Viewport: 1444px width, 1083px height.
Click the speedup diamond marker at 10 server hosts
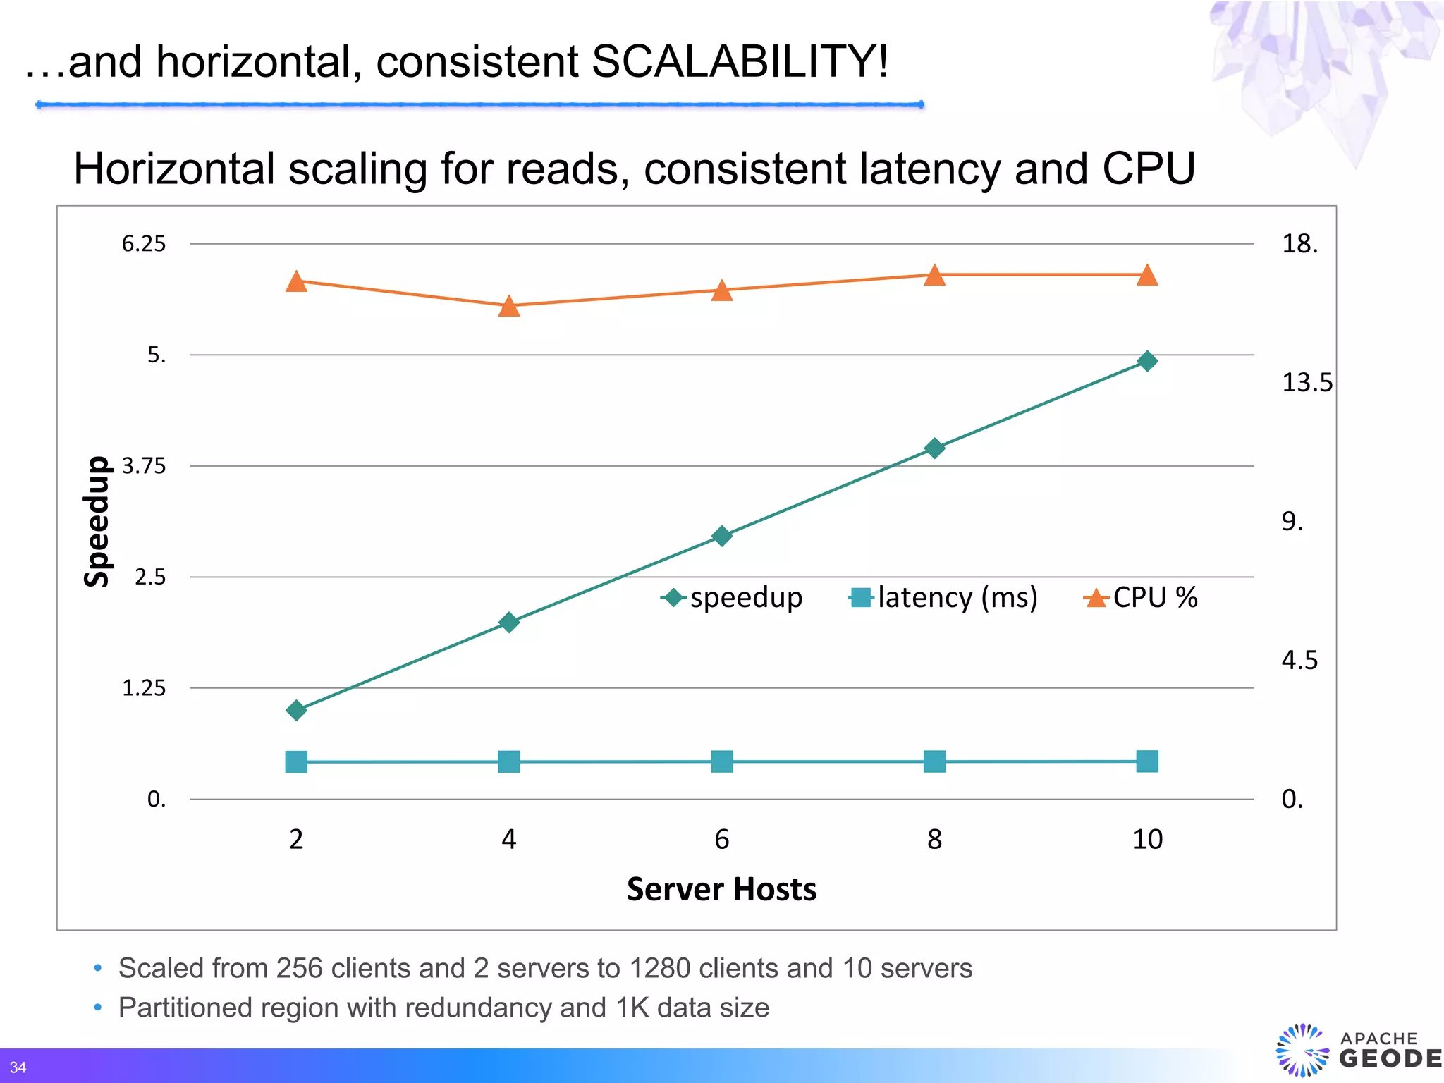click(1147, 361)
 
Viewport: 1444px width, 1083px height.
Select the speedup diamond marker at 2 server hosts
click(297, 710)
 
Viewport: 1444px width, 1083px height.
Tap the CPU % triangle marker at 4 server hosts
click(509, 307)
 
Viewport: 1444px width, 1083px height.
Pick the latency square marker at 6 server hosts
click(722, 761)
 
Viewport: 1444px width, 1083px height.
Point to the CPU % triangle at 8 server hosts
click(934, 276)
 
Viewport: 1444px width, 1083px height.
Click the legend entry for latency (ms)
click(945, 598)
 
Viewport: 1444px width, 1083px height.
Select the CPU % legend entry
click(1142, 598)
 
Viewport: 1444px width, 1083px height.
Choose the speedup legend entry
click(733, 598)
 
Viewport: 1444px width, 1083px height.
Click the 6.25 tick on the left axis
click(144, 244)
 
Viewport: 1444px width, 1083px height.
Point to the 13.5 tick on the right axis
click(1307, 383)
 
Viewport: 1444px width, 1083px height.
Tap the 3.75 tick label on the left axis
click(144, 466)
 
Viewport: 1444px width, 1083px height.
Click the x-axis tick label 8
click(934, 839)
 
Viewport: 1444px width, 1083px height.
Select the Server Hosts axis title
click(721, 889)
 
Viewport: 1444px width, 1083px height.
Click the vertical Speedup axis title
click(97, 522)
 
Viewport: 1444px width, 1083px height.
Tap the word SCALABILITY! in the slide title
click(740, 62)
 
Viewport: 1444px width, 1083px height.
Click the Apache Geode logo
click(1357, 1050)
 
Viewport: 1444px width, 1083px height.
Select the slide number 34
click(18, 1067)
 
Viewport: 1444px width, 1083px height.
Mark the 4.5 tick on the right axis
click(1299, 661)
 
